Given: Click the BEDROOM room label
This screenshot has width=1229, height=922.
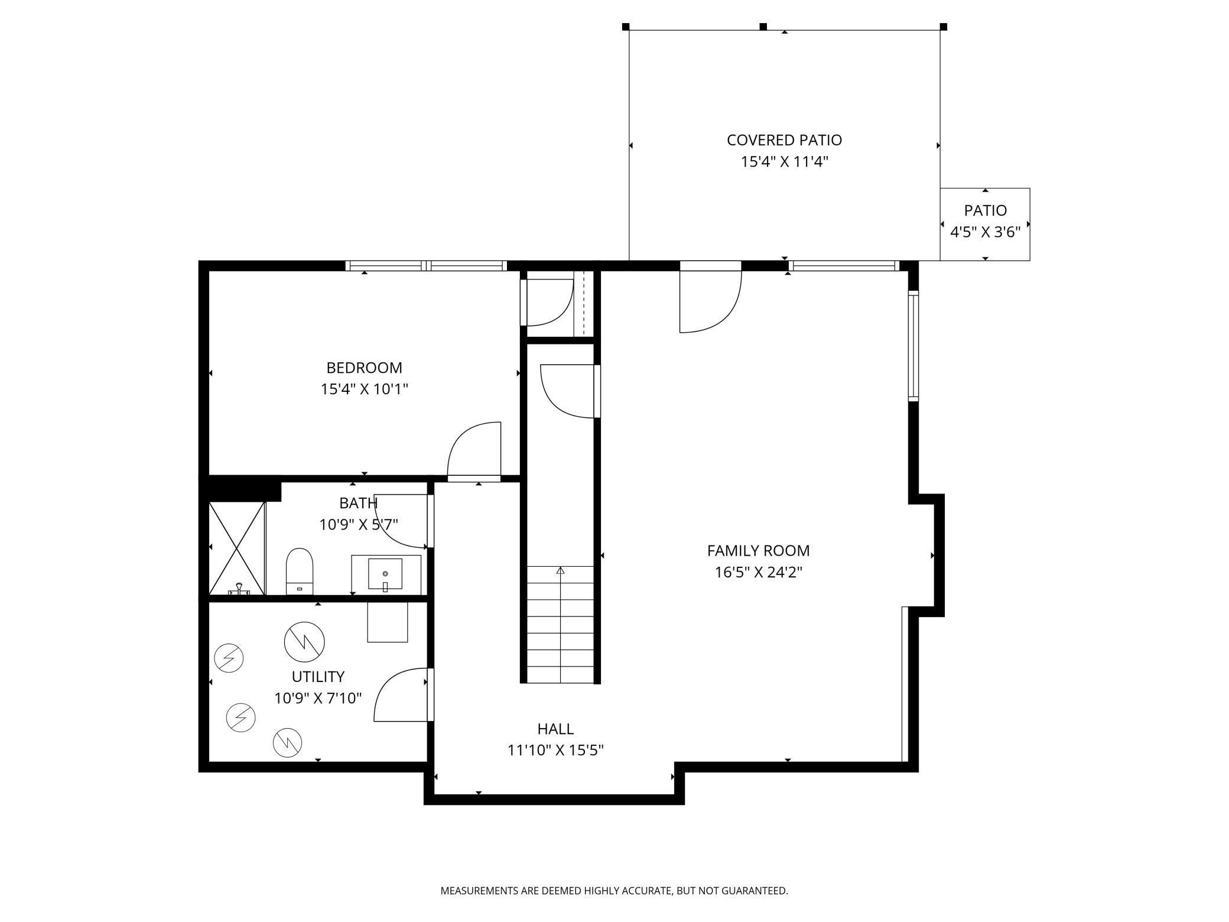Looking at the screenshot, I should coord(364,368).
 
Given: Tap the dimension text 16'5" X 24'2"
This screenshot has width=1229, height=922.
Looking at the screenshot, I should coord(758,573).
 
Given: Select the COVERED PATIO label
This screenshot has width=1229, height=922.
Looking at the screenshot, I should coord(784,140).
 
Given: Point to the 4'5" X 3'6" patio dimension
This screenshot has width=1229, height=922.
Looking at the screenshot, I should coord(985,232).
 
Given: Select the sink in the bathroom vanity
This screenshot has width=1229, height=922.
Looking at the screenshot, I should coord(385,574).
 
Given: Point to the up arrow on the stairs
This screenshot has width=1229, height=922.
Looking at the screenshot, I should coord(560,570).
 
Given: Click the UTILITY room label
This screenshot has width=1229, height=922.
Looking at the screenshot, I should coord(318,676).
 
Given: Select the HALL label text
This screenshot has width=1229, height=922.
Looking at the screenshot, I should coord(555,729).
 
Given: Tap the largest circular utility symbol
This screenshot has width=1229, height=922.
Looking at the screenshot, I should coord(304,642).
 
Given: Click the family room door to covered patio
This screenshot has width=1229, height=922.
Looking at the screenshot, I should coord(709,301).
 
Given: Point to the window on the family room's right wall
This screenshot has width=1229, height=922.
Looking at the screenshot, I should coord(913,346).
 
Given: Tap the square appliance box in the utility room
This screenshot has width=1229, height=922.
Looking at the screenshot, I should coord(387,622).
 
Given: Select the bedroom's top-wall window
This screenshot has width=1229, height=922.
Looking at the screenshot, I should coord(426,265).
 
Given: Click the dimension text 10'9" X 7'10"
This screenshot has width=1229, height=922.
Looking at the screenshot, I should coord(318,698).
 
